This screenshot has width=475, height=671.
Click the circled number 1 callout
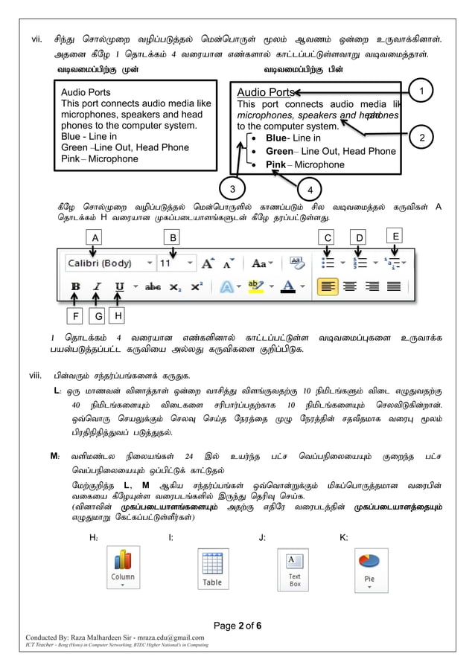coord(421,91)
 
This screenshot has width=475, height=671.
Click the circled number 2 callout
coord(422,138)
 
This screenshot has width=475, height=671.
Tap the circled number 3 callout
coord(232,187)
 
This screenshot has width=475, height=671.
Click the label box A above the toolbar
coord(95,237)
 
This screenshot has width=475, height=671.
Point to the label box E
coord(395,236)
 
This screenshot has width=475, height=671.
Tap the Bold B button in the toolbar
coord(75,286)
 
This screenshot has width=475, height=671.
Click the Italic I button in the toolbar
coord(97,286)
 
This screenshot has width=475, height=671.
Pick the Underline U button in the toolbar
coord(119,286)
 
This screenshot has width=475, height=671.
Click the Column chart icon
coord(123,568)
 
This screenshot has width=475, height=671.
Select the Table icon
coord(212,569)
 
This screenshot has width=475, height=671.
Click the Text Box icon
coord(293,569)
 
